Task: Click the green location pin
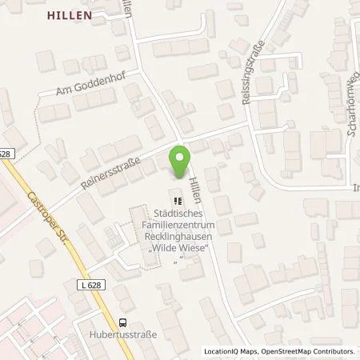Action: (180, 164)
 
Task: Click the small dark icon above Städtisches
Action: (175, 199)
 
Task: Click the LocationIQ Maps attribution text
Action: (226, 351)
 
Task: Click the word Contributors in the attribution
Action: (334, 351)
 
